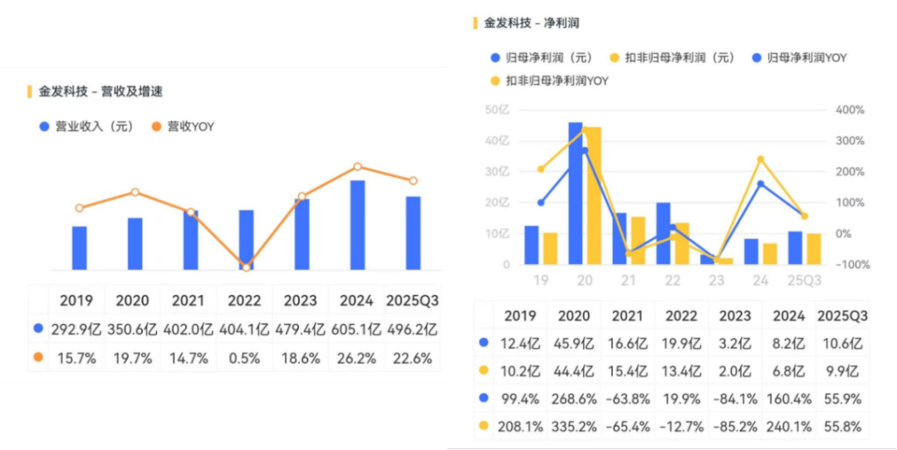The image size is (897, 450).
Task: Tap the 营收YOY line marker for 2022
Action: point(246,267)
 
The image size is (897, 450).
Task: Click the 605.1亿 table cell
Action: point(357,329)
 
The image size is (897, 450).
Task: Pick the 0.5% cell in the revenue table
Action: point(246,359)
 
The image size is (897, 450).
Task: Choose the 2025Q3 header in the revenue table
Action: point(413,300)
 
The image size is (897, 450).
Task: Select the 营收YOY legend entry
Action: point(184,127)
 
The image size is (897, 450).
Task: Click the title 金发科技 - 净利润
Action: point(532,23)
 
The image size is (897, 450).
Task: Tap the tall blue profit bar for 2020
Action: point(575,193)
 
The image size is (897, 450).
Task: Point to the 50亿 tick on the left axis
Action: point(497,110)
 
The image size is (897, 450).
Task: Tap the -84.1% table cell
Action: point(736,399)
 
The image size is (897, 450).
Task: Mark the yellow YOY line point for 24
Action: point(760,159)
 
